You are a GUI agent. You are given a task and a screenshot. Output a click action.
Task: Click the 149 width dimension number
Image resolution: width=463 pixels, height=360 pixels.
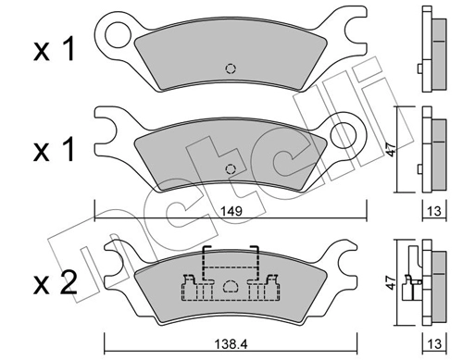tap(232, 210)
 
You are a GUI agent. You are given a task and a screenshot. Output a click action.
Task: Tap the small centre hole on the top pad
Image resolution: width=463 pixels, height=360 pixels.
tap(231, 67)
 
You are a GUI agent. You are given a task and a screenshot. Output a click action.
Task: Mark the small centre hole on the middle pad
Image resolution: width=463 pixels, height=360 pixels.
tap(231, 168)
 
